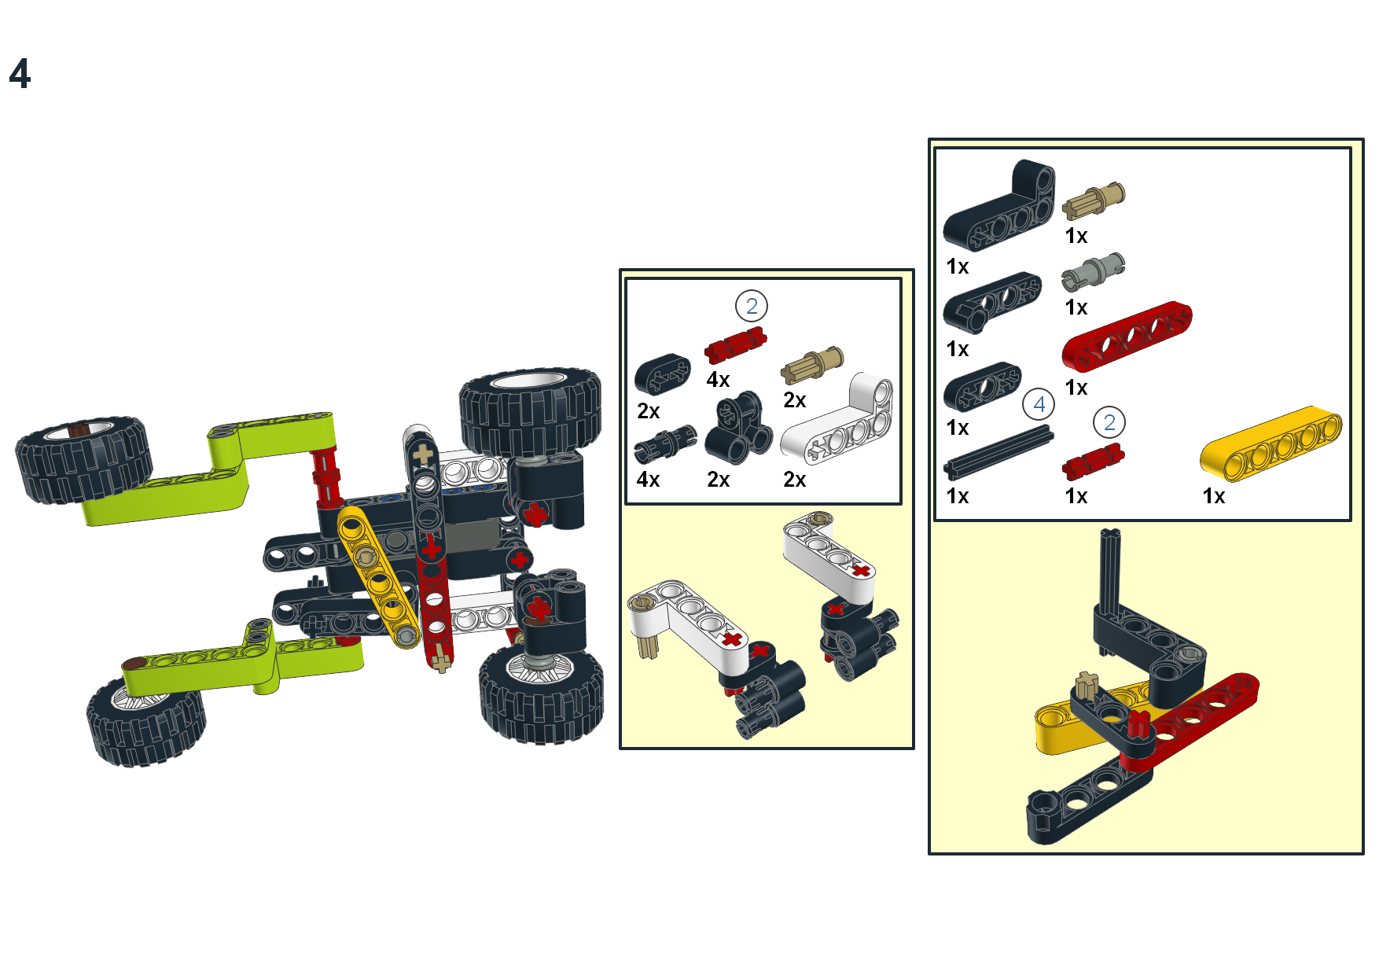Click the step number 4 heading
[x=20, y=75]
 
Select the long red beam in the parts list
[x=1127, y=337]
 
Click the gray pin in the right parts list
[x=1093, y=272]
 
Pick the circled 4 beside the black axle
[x=1039, y=405]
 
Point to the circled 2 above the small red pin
[x=1109, y=423]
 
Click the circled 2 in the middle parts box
[x=751, y=306]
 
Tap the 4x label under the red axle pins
[x=718, y=381]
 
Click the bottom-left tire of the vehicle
[x=145, y=723]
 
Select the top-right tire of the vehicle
[x=531, y=413]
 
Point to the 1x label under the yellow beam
[x=1214, y=497]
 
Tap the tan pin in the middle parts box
[x=812, y=364]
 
